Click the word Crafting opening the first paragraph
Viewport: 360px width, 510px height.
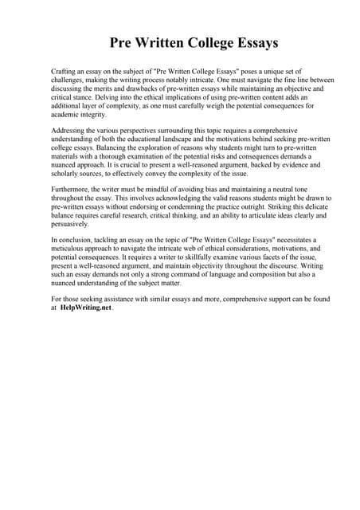click(64, 72)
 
